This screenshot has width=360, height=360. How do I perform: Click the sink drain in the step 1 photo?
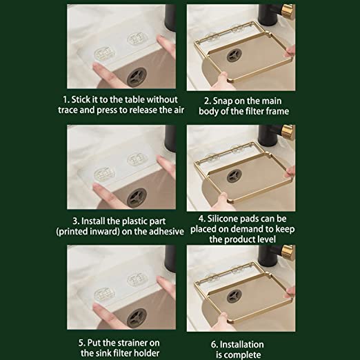point(137,77)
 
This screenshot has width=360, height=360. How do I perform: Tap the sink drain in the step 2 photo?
point(234,55)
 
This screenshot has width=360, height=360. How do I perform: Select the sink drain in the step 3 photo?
point(137,197)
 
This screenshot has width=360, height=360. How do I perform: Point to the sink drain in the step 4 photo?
point(234,176)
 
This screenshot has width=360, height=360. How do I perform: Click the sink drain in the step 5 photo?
point(137,318)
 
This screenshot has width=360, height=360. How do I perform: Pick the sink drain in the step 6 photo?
point(234,296)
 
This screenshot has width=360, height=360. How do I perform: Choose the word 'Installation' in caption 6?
point(242,345)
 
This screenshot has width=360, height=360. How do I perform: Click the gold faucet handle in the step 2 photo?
point(288,11)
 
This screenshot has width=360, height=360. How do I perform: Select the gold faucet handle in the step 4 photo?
point(288,132)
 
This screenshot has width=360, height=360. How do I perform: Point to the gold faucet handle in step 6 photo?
point(288,252)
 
